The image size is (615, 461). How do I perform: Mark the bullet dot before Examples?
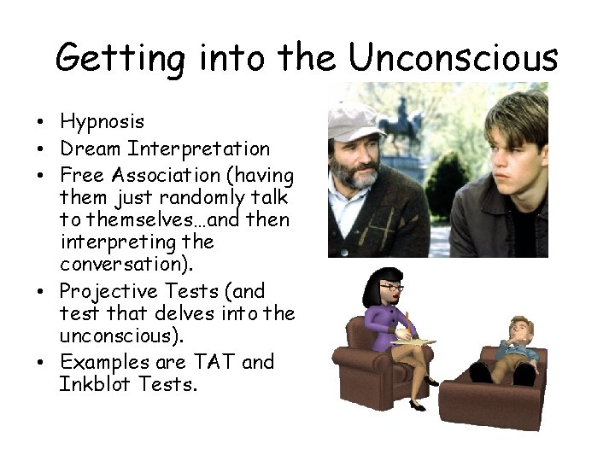click(x=41, y=362)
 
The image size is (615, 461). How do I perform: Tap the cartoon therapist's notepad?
click(x=412, y=342)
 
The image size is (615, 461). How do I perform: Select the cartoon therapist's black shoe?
click(x=417, y=405)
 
